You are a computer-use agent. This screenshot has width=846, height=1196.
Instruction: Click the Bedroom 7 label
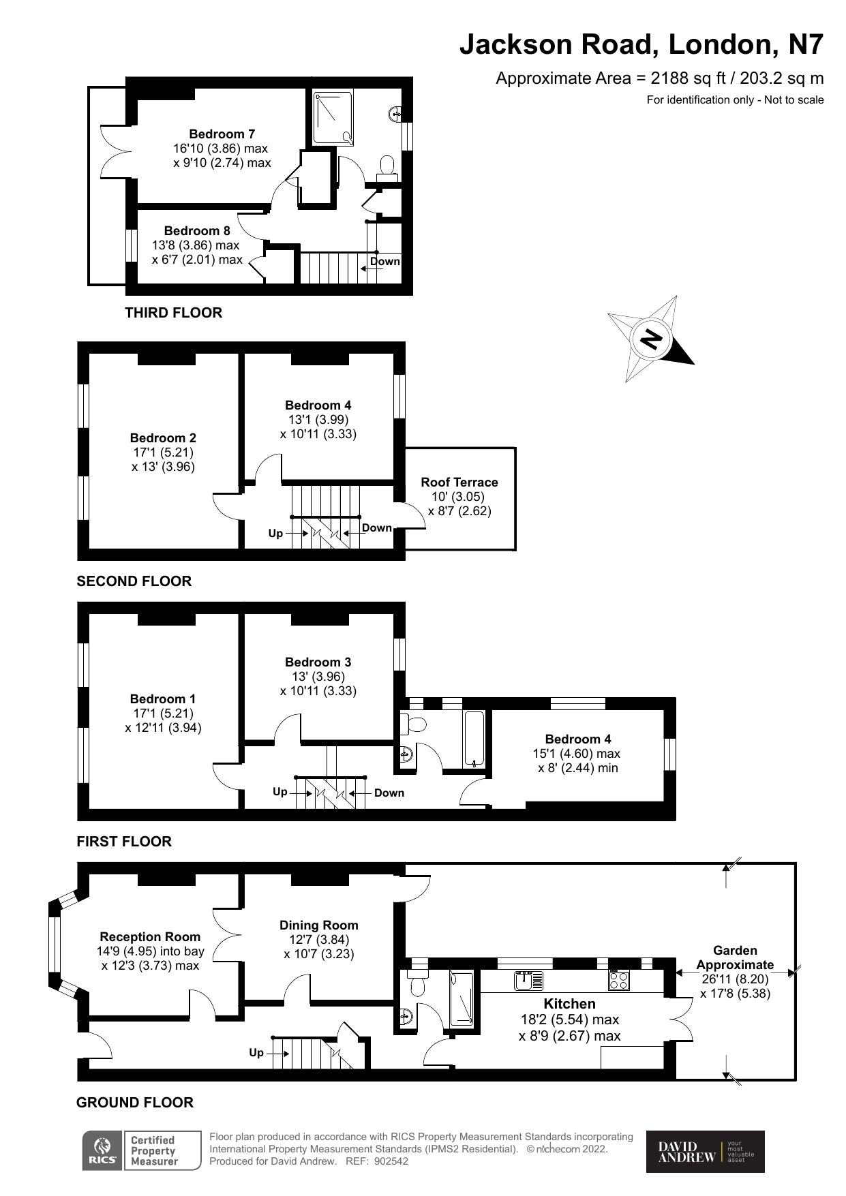(222, 134)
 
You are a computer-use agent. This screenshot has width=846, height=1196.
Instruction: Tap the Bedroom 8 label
(197, 231)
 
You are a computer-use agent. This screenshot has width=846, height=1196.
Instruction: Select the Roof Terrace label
(459, 482)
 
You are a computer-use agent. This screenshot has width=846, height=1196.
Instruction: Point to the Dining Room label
(318, 925)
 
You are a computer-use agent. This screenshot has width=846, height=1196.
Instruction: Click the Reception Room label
(150, 936)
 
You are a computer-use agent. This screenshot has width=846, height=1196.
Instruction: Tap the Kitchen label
(569, 1003)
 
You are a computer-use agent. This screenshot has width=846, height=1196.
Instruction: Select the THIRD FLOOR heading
(173, 313)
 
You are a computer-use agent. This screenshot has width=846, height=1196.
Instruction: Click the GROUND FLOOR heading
(135, 1102)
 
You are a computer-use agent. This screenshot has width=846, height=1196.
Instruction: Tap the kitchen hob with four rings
(618, 981)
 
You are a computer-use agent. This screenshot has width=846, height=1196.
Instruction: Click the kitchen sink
(528, 981)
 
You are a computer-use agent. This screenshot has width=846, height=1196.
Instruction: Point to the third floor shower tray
(334, 118)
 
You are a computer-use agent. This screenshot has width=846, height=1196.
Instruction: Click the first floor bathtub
(474, 739)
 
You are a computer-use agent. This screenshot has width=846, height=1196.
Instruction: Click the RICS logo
(102, 1151)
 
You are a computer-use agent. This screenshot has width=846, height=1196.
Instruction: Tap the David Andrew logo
(705, 1152)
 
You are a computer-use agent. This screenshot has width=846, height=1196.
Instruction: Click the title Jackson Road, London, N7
(641, 44)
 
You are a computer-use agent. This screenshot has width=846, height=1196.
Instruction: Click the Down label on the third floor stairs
(384, 262)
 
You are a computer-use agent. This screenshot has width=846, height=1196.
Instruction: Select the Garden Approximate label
(735, 957)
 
